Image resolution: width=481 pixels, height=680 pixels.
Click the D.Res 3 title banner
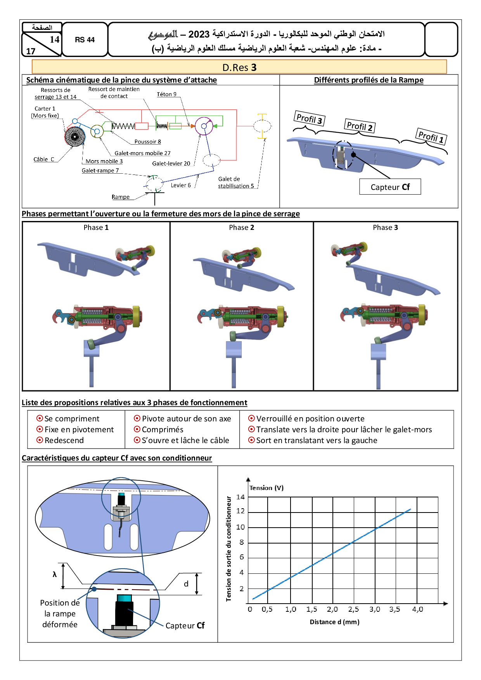[x=239, y=67]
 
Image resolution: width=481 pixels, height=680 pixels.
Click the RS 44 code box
[x=85, y=40]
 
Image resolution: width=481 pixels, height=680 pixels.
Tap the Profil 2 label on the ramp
[x=360, y=126]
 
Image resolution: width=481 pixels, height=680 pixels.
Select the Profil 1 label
[x=431, y=136]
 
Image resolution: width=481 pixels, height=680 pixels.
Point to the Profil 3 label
[x=309, y=118]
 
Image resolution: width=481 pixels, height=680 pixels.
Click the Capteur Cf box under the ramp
[x=390, y=187]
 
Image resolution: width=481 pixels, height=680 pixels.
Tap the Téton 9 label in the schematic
[x=166, y=94]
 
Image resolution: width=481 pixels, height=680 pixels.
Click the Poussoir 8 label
[x=147, y=142]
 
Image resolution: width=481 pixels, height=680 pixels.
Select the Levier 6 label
[x=181, y=185]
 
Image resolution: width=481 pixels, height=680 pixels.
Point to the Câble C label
[x=44, y=159]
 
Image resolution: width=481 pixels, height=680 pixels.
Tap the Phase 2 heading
[x=241, y=228]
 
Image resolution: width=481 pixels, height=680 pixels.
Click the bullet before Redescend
[x=40, y=440]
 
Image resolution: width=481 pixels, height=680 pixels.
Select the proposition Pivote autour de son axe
[x=186, y=419]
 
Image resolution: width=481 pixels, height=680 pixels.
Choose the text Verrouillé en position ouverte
[x=310, y=419]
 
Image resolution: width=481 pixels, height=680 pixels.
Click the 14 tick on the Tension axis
[x=240, y=497]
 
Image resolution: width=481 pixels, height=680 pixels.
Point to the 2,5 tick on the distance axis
[x=353, y=609]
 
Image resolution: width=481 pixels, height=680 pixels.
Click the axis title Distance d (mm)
[x=334, y=622]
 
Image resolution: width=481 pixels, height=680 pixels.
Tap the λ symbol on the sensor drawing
[x=55, y=574]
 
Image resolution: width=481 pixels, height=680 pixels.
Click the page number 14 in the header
[x=55, y=39]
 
